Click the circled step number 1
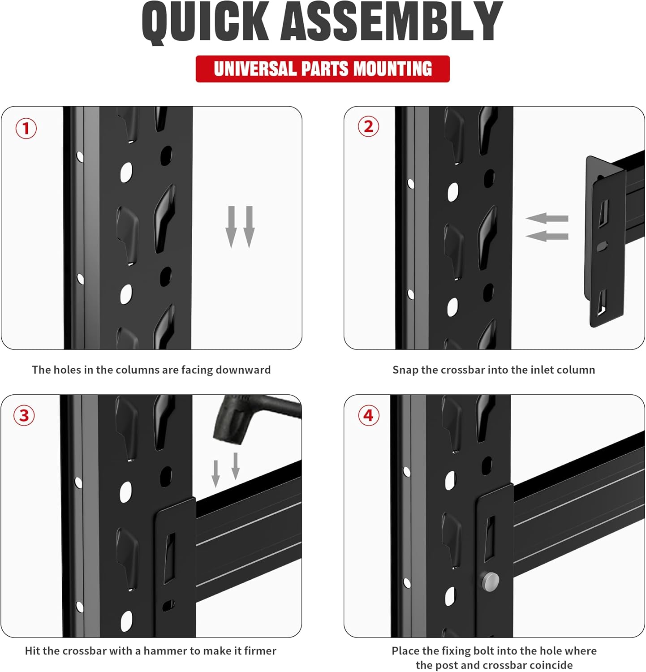26,129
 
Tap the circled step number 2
368,127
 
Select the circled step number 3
24,415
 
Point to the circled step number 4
368,415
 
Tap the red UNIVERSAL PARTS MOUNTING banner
323,69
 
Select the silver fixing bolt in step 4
491,581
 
